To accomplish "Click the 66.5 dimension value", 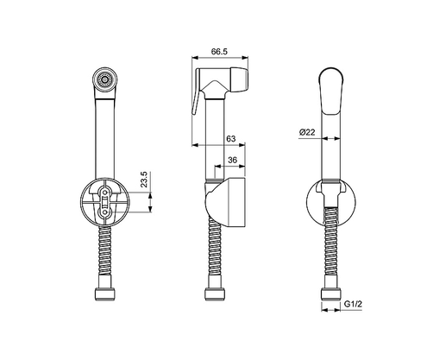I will point(218,52).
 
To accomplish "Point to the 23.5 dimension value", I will point(146,181).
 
